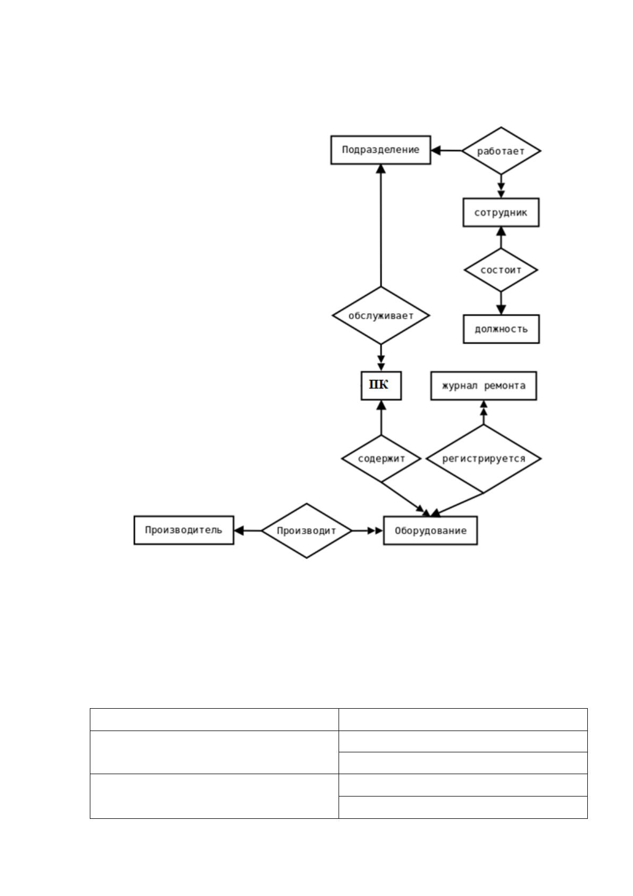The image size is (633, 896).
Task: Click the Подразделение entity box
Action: coord(381,150)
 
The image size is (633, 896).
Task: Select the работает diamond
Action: coord(501,151)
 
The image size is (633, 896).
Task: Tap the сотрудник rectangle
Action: coord(501,212)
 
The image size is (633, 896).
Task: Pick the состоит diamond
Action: coord(501,270)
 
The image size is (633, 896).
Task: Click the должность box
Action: coord(501,329)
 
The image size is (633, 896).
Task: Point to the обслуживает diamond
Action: coord(381,315)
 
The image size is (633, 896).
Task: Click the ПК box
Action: coord(381,386)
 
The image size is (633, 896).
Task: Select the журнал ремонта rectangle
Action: coord(484,386)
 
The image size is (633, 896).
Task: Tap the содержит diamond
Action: coord(381,459)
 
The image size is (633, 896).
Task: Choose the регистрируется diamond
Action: coord(484,459)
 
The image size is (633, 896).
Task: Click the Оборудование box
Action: coord(431,531)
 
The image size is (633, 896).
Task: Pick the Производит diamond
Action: coord(307,531)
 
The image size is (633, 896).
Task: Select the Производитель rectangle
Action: coord(184,530)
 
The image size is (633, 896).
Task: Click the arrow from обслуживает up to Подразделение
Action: coord(381,226)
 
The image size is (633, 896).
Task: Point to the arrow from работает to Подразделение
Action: coord(446,151)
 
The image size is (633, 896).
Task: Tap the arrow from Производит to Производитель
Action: coord(248,531)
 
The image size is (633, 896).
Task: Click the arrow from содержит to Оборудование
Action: coord(405,499)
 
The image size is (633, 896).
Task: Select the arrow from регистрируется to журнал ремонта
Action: coord(484,412)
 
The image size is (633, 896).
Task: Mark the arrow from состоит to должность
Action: coord(501,303)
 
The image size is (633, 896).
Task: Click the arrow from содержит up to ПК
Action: coord(381,418)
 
